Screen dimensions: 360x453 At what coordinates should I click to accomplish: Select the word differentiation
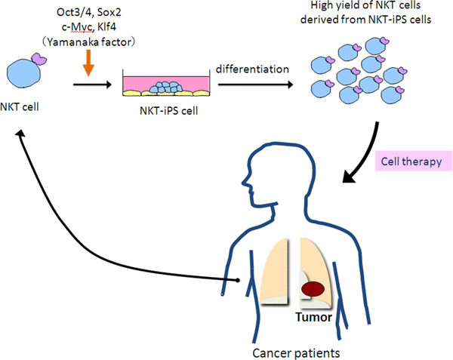point(252,69)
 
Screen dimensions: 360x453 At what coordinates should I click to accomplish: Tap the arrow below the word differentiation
point(252,85)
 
